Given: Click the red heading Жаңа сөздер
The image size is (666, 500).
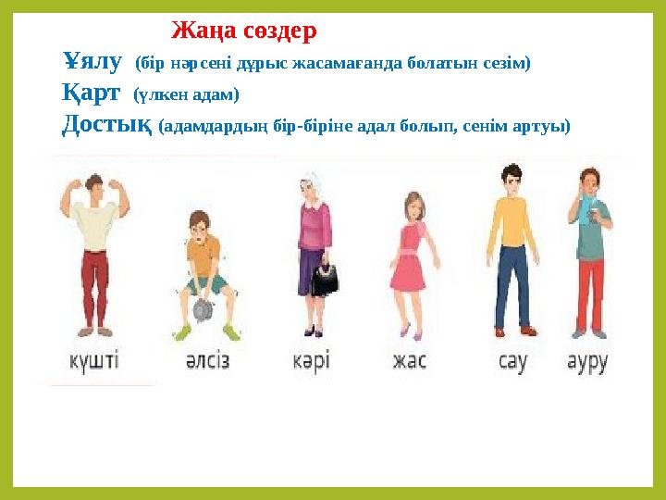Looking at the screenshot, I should [x=244, y=31].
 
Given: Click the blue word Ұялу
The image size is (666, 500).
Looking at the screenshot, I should [x=92, y=62].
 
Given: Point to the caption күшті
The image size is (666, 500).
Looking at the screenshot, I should [x=98, y=359].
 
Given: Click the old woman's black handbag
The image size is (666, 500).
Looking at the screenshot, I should [x=324, y=279].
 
